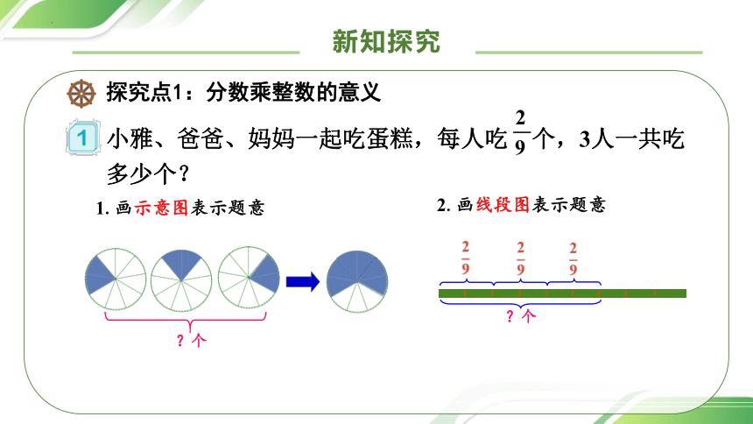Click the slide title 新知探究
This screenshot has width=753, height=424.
click(386, 41)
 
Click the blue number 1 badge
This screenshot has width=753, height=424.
click(81, 140)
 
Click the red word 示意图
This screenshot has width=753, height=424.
click(161, 208)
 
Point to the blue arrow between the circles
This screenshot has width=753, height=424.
click(300, 280)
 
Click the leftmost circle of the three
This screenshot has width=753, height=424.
click(115, 279)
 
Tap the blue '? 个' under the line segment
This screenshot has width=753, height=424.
click(519, 317)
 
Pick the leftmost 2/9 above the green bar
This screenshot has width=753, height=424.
click(465, 259)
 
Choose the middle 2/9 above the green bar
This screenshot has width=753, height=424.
click(520, 259)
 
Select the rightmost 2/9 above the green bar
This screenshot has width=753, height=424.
click(574, 259)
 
